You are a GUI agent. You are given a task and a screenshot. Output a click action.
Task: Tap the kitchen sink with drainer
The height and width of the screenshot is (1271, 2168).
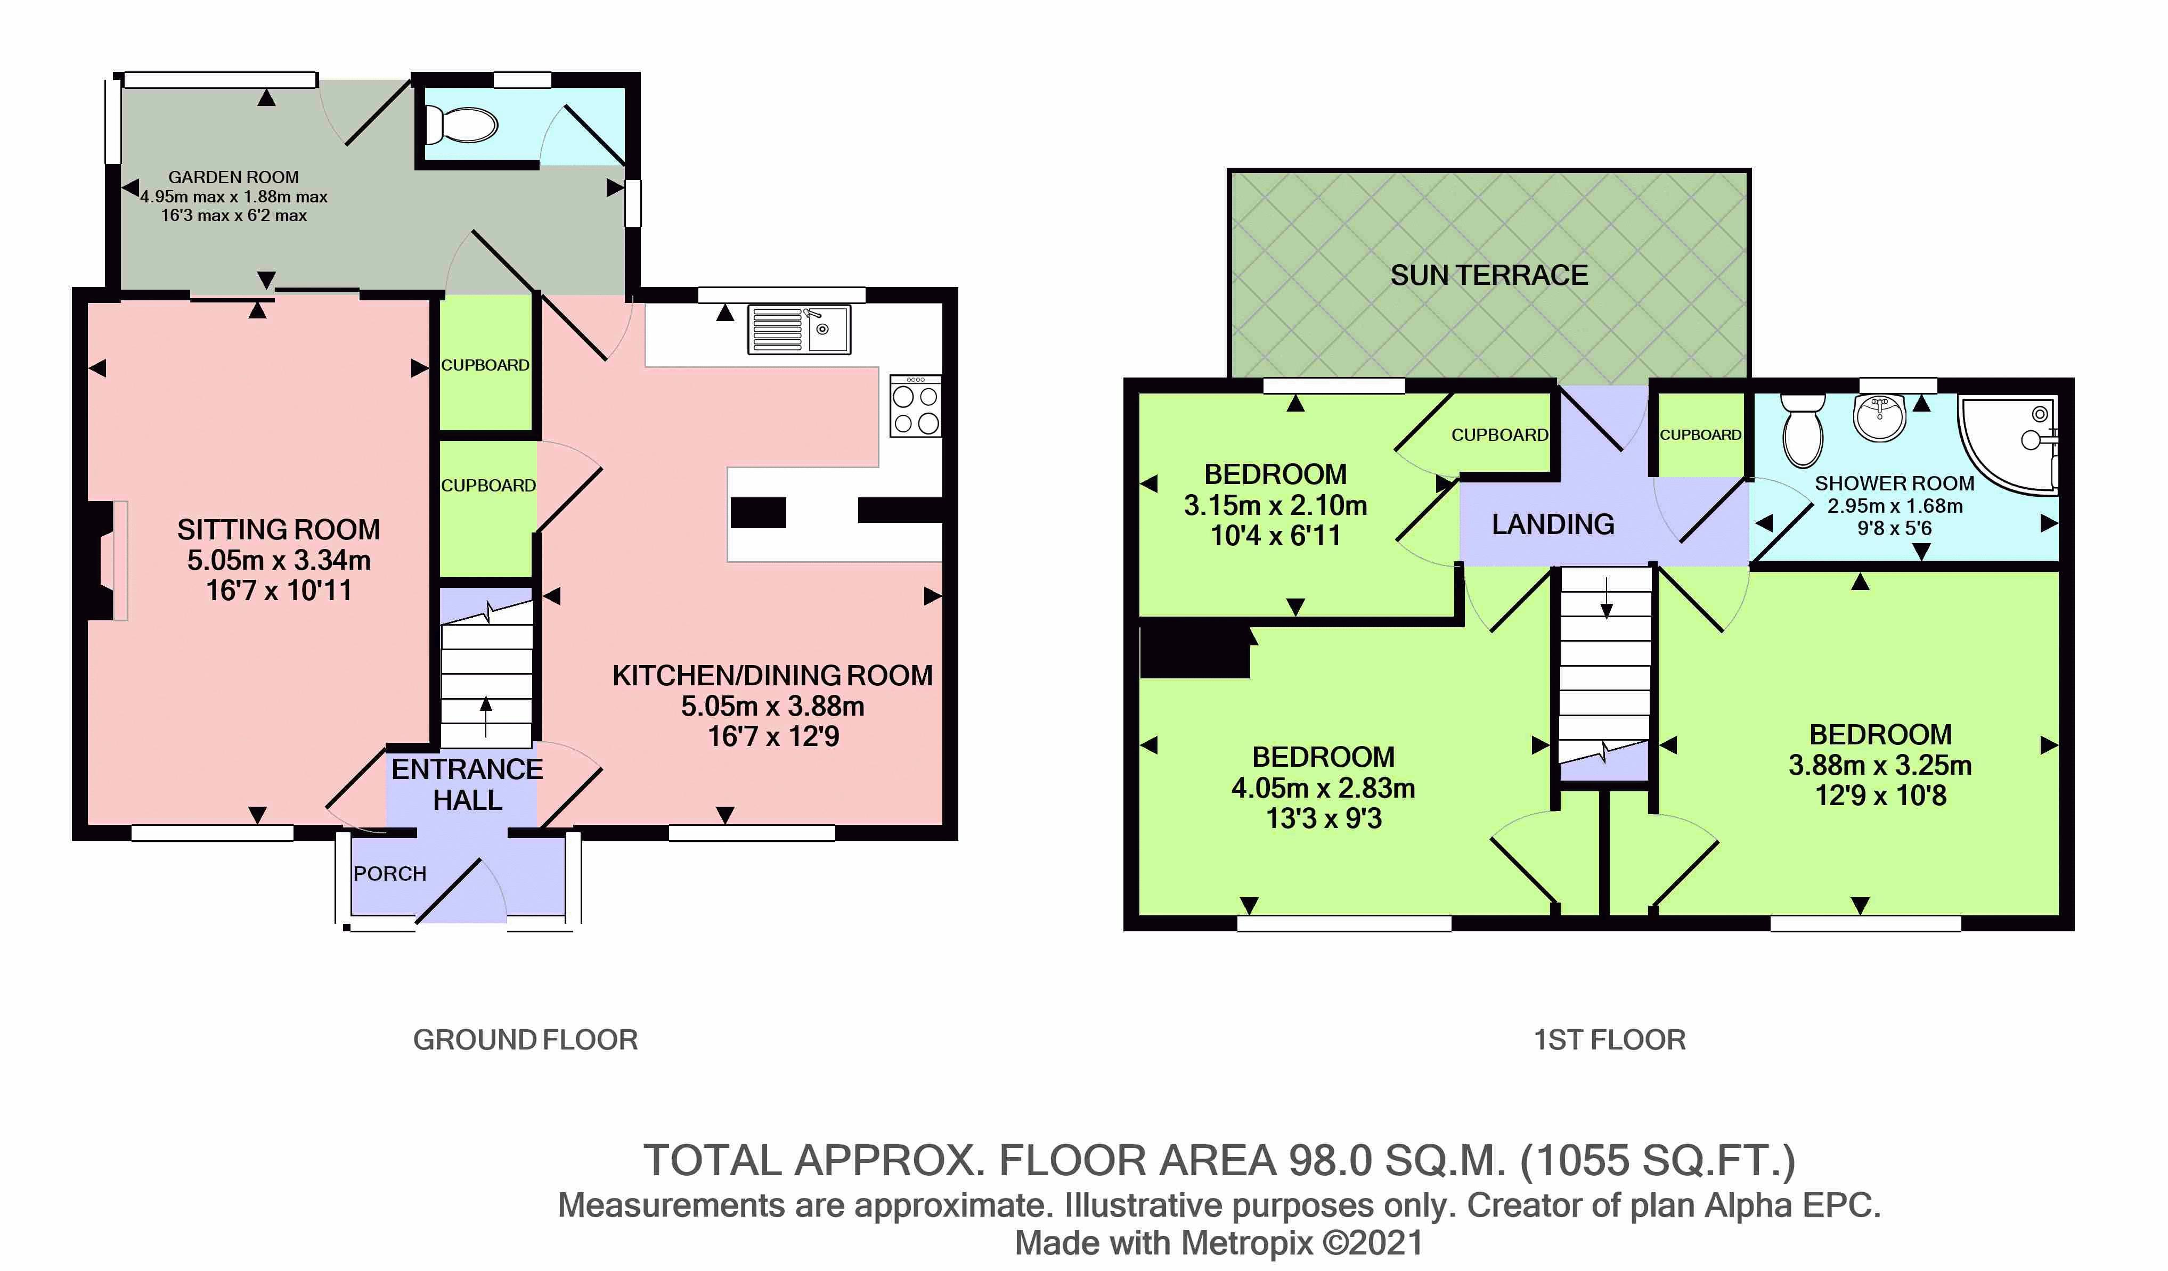[799, 330]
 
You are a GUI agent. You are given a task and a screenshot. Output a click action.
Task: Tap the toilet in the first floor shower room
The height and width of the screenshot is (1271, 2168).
[1803, 430]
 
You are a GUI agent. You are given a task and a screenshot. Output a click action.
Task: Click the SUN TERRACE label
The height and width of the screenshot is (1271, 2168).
[1489, 275]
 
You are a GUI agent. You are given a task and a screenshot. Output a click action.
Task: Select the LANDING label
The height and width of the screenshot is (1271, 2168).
[1553, 524]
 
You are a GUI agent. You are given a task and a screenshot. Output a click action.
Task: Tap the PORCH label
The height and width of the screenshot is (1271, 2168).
[390, 874]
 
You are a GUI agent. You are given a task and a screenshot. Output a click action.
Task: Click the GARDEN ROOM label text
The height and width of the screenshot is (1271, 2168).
[233, 177]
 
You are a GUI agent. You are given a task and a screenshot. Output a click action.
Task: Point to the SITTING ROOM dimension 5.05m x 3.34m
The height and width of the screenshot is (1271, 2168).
[279, 560]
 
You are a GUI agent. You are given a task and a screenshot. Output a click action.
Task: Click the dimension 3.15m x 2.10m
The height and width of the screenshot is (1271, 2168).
[1275, 505]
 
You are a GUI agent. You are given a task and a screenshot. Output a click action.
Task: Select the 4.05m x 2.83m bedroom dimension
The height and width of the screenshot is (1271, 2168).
[1323, 788]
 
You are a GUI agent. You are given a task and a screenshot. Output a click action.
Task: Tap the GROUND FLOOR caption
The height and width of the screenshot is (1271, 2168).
[526, 1040]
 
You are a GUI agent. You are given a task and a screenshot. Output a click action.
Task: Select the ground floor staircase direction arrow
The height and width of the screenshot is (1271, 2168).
[486, 716]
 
